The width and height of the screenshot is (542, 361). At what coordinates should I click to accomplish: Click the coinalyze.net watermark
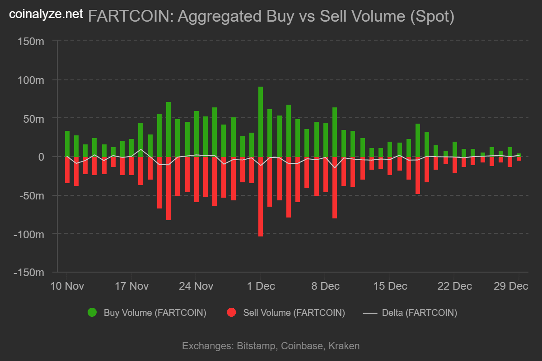[47, 14]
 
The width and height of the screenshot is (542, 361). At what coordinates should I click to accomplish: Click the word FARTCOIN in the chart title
[128, 16]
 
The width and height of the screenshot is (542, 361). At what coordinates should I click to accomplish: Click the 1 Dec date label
[260, 286]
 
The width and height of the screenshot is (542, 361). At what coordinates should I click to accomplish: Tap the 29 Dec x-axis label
[511, 286]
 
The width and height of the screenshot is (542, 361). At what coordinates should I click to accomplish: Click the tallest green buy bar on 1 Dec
[261, 122]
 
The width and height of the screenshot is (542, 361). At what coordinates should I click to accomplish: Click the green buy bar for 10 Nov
[67, 144]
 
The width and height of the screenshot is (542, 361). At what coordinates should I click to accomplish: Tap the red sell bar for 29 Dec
[519, 159]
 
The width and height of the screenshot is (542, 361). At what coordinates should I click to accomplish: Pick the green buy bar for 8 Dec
[325, 140]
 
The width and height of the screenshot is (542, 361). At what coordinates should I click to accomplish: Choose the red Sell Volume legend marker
[232, 313]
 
